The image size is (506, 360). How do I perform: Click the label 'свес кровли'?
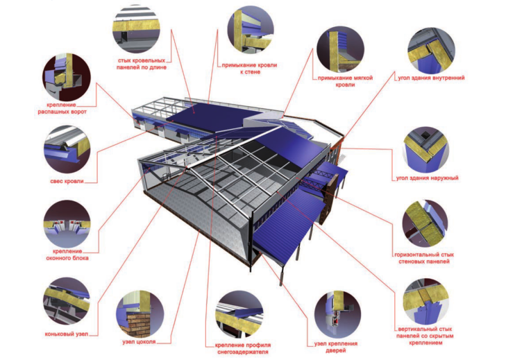pos(67,181)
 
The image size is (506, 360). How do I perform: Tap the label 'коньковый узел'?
pos(67,334)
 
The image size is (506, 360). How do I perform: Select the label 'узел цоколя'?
pos(139,341)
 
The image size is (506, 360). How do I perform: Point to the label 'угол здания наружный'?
pos(428,178)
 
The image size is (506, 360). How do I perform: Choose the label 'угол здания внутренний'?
pos(431,78)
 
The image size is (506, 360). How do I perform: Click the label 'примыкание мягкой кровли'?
pos(345,81)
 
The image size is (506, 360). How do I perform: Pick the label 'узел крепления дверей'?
pos(336,347)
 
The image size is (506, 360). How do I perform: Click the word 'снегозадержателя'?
pos(243,352)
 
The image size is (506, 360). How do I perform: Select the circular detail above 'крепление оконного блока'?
pos(67,224)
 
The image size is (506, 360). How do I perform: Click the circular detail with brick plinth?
pos(140,314)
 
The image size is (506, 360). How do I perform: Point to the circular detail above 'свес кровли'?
pos(67,149)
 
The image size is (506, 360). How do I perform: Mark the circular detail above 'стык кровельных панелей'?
pos(137,29)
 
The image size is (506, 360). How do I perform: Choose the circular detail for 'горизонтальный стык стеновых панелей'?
pos(425,224)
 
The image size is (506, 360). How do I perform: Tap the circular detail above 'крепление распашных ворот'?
pos(67,78)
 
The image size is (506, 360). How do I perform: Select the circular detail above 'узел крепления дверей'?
pos(337,315)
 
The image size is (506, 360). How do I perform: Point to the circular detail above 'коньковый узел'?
pos(67,301)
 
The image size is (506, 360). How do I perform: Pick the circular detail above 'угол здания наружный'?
pos(425,150)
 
